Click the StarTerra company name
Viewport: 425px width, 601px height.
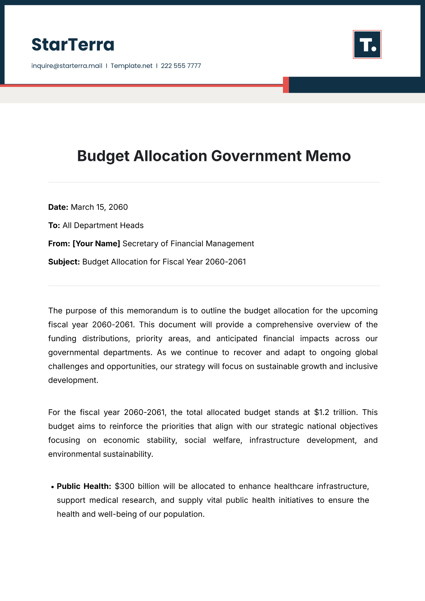pos(73,45)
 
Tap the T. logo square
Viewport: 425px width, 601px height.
pos(367,44)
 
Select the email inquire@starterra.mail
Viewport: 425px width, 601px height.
pos(67,66)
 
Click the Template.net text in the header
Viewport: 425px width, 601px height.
pos(131,66)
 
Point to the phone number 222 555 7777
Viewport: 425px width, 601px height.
pos(181,66)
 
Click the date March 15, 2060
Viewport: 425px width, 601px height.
pos(99,207)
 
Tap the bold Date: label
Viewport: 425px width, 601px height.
pos(58,207)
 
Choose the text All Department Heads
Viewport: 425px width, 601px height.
pos(103,225)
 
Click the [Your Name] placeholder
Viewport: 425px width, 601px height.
pos(96,244)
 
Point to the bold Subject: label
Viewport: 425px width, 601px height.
pos(64,262)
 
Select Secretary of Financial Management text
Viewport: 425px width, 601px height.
pos(188,244)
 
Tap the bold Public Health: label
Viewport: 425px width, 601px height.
pos(84,487)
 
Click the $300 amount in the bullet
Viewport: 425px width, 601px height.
pos(124,487)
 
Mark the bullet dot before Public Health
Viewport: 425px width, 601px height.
pos(53,487)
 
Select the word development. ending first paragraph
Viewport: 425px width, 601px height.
pos(73,380)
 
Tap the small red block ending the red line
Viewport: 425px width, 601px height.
pos(286,85)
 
